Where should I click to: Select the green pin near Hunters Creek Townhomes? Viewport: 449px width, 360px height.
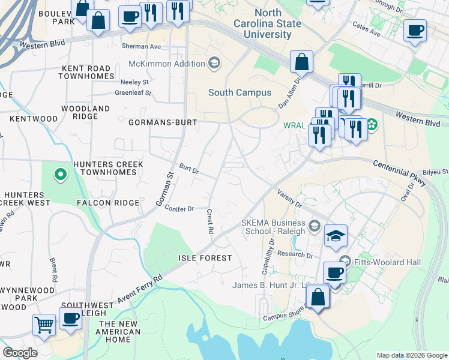(60, 175)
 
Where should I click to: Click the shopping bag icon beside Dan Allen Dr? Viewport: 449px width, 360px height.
(301, 62)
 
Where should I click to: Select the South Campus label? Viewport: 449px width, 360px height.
(240, 92)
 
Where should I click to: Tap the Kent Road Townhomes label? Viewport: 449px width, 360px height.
(86, 71)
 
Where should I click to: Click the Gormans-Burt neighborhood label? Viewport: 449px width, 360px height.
(163, 122)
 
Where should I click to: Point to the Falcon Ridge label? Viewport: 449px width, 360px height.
(108, 203)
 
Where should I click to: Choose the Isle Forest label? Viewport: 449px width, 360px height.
(205, 258)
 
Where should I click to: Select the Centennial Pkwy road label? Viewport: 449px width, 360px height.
(400, 172)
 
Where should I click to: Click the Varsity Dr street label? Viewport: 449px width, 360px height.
(289, 199)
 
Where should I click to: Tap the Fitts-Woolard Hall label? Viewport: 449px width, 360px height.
(385, 262)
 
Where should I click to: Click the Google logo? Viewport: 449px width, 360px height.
(20, 353)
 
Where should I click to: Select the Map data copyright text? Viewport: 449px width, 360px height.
(411, 355)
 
